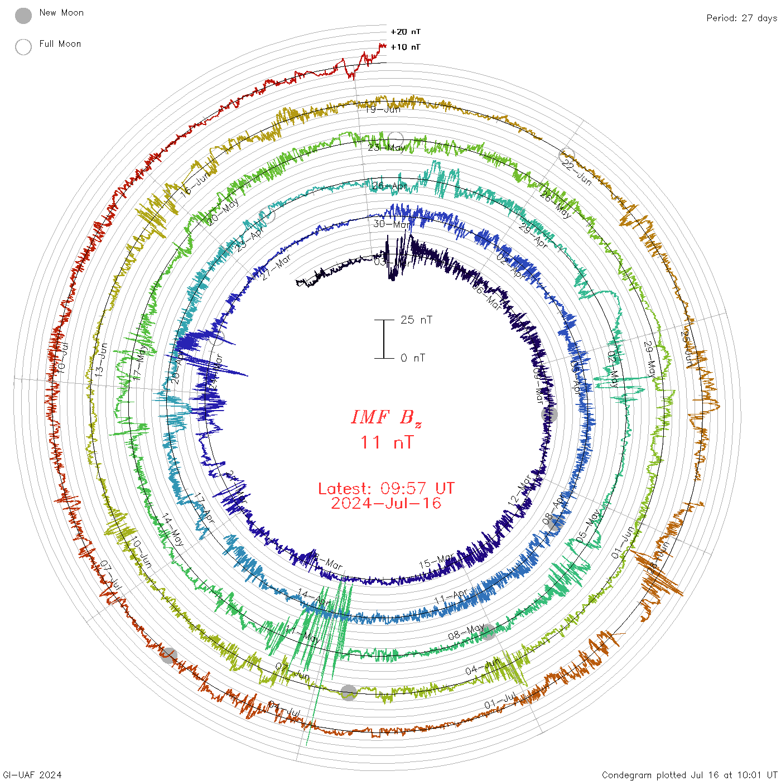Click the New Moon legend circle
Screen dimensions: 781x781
click(23, 16)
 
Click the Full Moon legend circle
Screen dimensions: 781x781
click(23, 47)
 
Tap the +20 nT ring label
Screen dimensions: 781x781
click(406, 32)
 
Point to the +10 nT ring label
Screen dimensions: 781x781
click(406, 47)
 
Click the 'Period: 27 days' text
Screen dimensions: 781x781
click(741, 18)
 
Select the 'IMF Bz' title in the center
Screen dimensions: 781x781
click(386, 417)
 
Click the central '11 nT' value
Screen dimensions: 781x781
click(387, 442)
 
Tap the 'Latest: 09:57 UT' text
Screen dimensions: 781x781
click(386, 489)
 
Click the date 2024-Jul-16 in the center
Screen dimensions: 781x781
click(386, 503)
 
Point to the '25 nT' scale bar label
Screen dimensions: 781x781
click(416, 320)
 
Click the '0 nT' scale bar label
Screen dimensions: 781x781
click(413, 358)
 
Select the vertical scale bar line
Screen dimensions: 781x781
click(384, 339)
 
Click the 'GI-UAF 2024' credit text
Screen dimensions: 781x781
click(31, 775)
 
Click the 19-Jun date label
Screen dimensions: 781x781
click(383, 109)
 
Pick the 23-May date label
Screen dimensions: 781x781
click(387, 148)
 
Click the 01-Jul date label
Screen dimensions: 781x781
click(500, 701)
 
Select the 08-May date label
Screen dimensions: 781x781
click(466, 633)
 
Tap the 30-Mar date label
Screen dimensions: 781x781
click(391, 224)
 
